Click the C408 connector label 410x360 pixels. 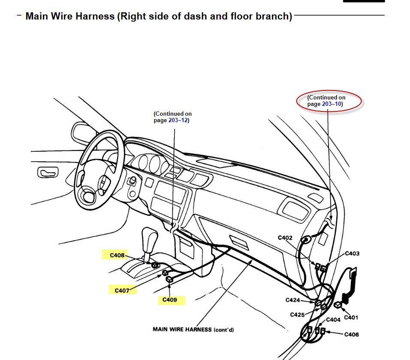pos(117,255)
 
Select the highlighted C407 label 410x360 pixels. pos(122,291)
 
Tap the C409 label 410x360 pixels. pos(170,300)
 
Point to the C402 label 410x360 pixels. pos(285,238)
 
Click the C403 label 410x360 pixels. pos(352,253)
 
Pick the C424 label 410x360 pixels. pos(293,300)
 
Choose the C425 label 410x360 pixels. pos(297,315)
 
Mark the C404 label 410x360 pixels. pos(333,320)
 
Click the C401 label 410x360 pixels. pos(350,318)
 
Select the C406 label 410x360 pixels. pos(352,334)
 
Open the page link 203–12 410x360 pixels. pos(178,120)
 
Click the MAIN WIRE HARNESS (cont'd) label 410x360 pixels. pos(193,330)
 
